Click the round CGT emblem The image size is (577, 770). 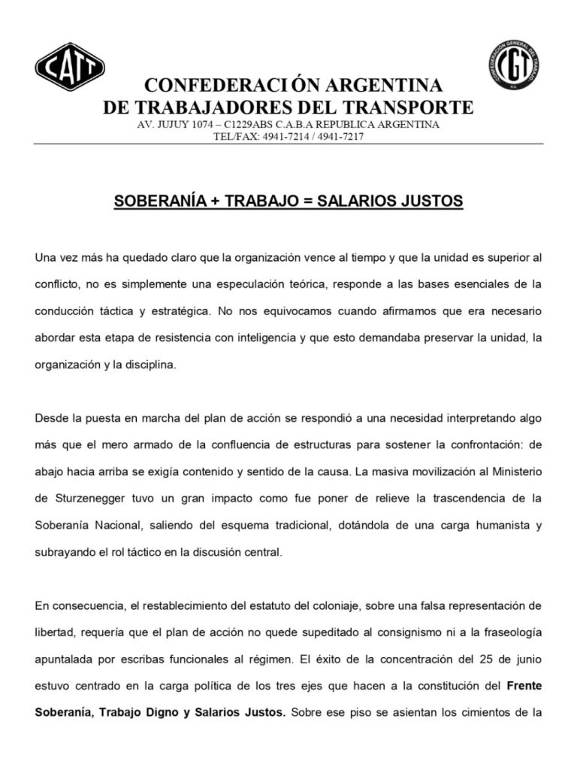coord(512,64)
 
